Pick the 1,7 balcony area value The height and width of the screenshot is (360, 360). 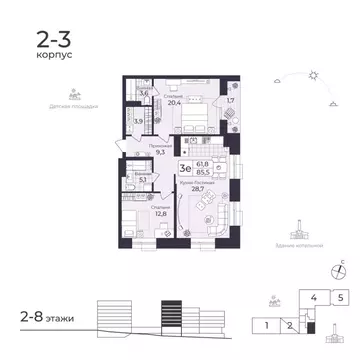pos(231,101)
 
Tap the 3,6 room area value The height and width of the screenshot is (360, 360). pos(143,92)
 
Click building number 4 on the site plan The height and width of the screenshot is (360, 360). pos(314,298)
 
